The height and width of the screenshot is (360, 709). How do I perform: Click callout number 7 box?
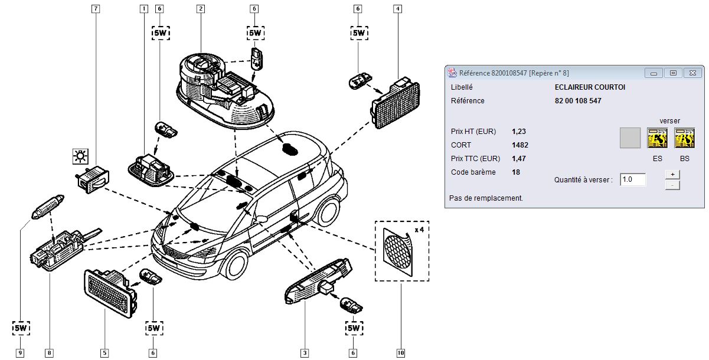click(96, 9)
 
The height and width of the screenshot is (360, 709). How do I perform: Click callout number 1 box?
click(143, 9)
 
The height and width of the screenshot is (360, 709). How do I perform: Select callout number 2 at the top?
click(201, 9)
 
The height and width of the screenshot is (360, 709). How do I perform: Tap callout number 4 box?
click(398, 9)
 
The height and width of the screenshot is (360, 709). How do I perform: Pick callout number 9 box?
click(21, 353)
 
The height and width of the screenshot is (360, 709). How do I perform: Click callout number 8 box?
click(49, 353)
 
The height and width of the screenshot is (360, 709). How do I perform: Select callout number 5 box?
click(105, 353)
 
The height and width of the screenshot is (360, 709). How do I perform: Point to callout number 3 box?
click(305, 353)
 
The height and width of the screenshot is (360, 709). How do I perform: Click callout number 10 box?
click(401, 353)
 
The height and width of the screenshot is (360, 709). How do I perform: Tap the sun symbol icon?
click(79, 156)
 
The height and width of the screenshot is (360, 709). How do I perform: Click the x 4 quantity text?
click(420, 229)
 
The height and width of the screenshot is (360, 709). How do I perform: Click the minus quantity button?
click(672, 185)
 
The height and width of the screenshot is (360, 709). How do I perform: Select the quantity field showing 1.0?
click(633, 179)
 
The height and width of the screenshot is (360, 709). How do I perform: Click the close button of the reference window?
click(692, 73)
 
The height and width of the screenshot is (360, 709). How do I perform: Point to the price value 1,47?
click(520, 158)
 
